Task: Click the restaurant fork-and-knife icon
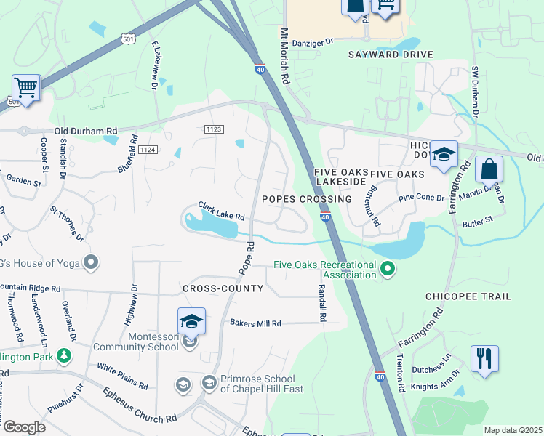pyautogui.click(x=484, y=359)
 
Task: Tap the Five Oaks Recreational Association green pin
pyautogui.click(x=388, y=270)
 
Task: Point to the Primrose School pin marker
pyautogui.click(x=209, y=382)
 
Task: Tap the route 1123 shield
pyautogui.click(x=212, y=129)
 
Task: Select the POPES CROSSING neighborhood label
pyautogui.click(x=305, y=199)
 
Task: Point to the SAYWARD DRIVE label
pyautogui.click(x=391, y=54)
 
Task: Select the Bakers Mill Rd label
pyautogui.click(x=255, y=323)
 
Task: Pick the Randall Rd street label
pyautogui.click(x=321, y=303)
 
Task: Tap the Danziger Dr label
pyautogui.click(x=312, y=42)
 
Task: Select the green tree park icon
pyautogui.click(x=65, y=355)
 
